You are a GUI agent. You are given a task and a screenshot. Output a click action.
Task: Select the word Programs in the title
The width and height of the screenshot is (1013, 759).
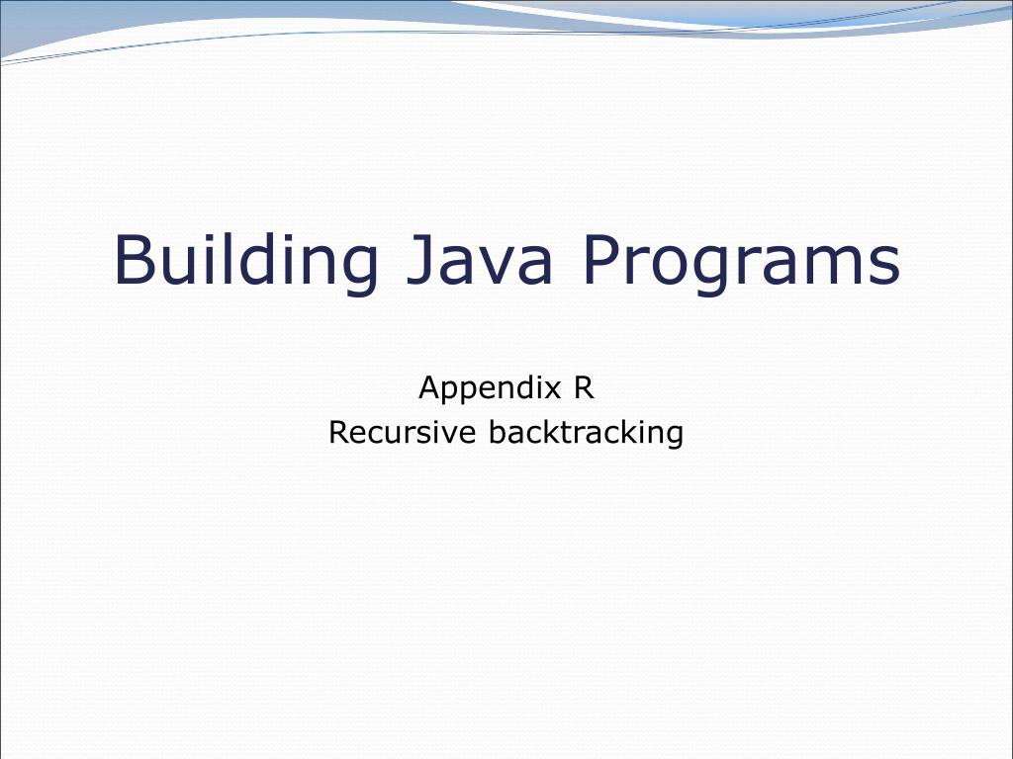point(741,261)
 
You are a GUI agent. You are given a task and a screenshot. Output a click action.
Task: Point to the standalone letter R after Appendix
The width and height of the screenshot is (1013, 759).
point(584,387)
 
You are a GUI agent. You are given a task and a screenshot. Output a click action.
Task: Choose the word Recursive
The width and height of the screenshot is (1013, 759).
point(404,433)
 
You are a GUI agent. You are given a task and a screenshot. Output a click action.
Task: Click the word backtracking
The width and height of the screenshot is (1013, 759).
point(587,433)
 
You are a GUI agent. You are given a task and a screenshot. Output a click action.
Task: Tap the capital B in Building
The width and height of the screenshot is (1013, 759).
point(135,259)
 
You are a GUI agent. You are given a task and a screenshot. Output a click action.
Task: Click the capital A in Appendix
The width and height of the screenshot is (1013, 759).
point(429,387)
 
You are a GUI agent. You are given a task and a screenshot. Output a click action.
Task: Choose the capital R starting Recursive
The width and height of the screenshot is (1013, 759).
point(338,432)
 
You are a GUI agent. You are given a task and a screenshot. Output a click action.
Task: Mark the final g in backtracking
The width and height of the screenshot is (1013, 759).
point(674,436)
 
